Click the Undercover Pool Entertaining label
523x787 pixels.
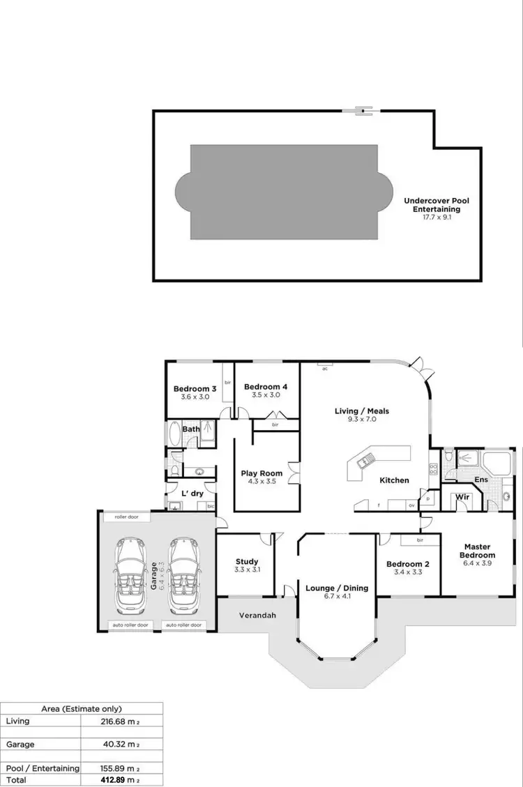[437, 205]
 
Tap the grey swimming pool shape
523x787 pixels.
[285, 191]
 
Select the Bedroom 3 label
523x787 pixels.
[195, 388]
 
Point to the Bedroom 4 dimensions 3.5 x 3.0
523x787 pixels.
[266, 395]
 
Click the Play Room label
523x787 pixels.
[261, 474]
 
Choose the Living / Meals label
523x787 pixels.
[362, 411]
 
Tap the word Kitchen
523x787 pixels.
[394, 480]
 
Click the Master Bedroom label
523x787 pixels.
[478, 551]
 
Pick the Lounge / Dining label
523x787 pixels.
[336, 588]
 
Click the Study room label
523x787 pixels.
[247, 561]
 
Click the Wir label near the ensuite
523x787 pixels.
[461, 498]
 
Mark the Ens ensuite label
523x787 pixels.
[481, 480]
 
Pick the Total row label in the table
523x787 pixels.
[16, 779]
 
